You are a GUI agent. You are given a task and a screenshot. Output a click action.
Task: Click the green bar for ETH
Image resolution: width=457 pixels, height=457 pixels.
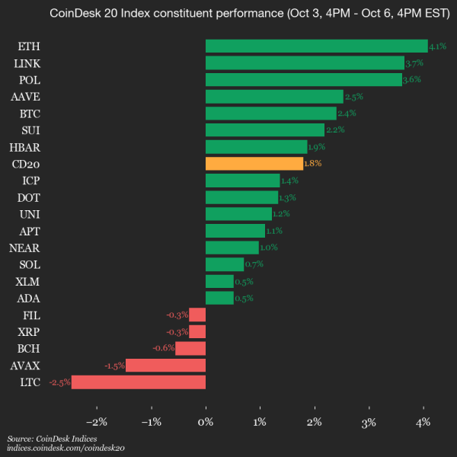click(316, 46)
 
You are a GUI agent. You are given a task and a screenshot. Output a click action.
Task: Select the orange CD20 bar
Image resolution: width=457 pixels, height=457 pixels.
click(254, 164)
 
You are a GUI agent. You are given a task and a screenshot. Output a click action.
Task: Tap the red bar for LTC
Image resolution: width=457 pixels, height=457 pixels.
click(139, 382)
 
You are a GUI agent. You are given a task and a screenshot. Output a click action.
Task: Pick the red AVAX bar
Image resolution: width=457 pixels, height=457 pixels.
click(165, 365)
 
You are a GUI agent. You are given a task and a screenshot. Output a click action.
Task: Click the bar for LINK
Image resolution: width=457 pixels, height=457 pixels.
click(305, 63)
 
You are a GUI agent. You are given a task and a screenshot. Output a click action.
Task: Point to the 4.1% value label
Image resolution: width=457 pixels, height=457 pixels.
click(437, 46)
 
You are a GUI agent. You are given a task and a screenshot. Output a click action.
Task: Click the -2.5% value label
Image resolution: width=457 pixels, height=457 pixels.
click(59, 382)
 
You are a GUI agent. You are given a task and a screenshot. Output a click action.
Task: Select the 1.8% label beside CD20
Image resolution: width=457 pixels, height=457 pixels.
click(313, 164)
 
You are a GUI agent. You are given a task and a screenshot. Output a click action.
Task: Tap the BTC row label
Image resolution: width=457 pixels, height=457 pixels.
click(30, 113)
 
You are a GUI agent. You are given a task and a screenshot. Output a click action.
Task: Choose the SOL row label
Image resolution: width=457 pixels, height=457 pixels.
click(30, 264)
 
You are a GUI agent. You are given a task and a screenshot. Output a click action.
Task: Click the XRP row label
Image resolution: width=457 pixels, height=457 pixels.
click(30, 331)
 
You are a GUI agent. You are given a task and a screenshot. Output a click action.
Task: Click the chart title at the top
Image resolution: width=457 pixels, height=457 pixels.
click(228, 13)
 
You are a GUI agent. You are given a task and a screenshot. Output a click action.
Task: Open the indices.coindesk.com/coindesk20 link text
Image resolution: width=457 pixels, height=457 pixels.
click(66, 449)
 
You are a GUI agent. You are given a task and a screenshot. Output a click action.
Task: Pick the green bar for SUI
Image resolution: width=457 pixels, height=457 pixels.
click(264, 130)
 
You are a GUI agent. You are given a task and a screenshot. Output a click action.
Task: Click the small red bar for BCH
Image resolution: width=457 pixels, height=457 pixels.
click(190, 348)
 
